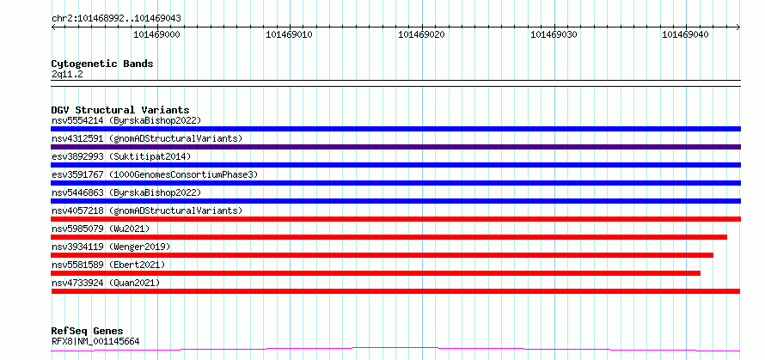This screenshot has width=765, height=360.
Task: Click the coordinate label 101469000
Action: click(x=156, y=34)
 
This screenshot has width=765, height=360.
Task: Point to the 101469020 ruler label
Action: click(x=421, y=34)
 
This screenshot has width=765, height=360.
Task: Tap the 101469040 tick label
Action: click(x=685, y=34)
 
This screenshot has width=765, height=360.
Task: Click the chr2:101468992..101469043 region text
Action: click(x=116, y=18)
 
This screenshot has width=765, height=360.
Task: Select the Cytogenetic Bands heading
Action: click(x=102, y=64)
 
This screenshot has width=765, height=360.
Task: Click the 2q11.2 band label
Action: click(x=67, y=75)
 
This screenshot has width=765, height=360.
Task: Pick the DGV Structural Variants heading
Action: click(x=120, y=110)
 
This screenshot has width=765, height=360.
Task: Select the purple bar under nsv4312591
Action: click(x=395, y=147)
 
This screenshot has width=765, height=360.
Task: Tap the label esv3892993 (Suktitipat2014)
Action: click(x=121, y=156)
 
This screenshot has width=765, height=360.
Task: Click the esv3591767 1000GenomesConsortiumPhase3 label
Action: click(x=154, y=174)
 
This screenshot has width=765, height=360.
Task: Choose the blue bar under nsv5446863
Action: click(x=395, y=201)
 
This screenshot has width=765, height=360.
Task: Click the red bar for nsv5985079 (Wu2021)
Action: click(x=389, y=237)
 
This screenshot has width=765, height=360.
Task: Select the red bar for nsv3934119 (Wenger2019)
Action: click(x=382, y=255)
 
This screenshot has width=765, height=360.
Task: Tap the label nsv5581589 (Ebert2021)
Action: click(x=108, y=265)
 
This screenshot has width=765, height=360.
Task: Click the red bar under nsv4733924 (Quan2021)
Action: click(x=395, y=291)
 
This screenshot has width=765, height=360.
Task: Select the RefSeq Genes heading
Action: click(x=88, y=332)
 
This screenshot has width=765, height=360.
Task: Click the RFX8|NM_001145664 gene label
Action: click(x=95, y=341)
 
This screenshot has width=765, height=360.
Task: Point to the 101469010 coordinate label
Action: click(x=290, y=34)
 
